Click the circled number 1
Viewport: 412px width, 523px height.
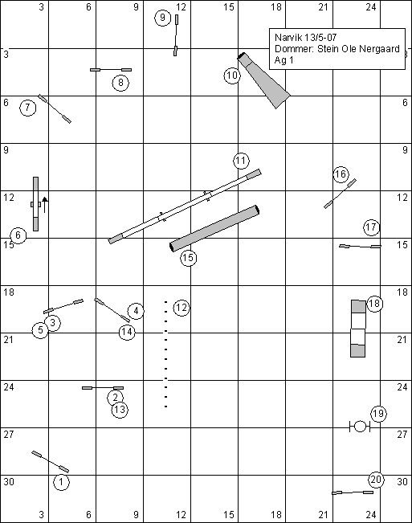(61, 482)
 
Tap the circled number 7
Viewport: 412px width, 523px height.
(27, 108)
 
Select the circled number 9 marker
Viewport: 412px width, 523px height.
(162, 18)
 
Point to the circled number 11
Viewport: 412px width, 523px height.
(241, 161)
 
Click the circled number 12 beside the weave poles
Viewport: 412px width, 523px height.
(182, 308)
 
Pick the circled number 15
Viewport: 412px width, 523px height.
(189, 258)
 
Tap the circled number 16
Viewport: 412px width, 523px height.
(341, 174)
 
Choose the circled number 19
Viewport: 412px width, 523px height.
(378, 414)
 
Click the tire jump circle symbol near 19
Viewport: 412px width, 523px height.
(360, 427)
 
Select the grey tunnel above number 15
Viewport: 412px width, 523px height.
(214, 228)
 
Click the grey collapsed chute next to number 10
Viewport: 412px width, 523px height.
(263, 80)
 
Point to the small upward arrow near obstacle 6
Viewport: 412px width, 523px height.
(45, 205)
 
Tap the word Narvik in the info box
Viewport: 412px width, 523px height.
(286, 37)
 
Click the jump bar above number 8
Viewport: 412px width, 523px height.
(111, 70)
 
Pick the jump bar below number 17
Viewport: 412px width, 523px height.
(360, 247)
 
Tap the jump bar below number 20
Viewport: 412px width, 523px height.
(353, 492)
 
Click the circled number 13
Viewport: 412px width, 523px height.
(120, 410)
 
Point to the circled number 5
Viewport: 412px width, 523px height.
(40, 330)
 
